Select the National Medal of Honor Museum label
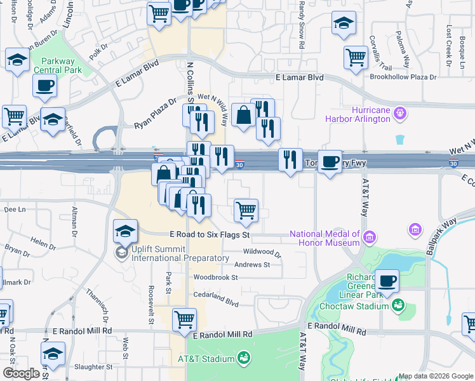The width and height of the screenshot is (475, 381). (x=324, y=237)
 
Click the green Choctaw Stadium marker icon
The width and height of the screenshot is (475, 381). (x=398, y=306)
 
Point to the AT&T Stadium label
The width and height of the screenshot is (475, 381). (x=206, y=359)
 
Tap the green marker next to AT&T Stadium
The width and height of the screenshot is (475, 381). (x=243, y=359)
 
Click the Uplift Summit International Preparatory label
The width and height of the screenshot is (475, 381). (x=180, y=253)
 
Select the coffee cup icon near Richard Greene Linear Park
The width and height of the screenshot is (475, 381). (x=387, y=279)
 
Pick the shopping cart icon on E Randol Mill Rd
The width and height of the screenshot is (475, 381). (x=184, y=319)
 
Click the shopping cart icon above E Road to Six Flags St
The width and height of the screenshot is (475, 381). (x=246, y=210)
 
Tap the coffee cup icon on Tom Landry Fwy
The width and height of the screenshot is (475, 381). (x=330, y=161)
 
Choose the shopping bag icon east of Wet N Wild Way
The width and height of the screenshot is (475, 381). (x=244, y=115)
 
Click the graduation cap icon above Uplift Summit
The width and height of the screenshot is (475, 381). (x=126, y=231)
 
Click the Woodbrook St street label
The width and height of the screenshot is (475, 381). (x=215, y=277)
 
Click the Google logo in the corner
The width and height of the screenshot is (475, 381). (x=22, y=373)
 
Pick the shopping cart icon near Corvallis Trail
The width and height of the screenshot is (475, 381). (x=356, y=57)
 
